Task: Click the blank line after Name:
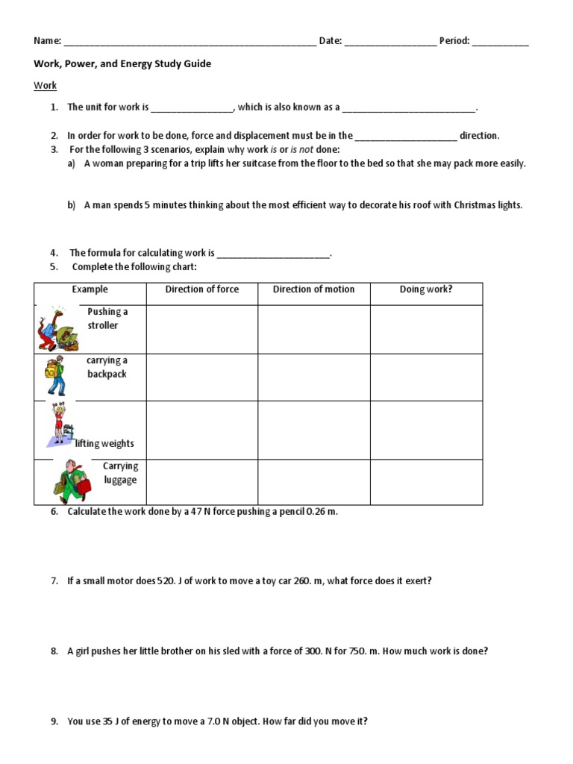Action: [190, 43]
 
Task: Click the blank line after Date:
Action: [390, 43]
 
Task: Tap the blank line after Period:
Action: [501, 43]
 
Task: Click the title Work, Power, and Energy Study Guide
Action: [122, 64]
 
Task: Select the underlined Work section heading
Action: [45, 86]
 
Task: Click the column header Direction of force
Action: [202, 289]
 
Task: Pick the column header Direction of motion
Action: [313, 289]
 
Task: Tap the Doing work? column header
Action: [426, 289]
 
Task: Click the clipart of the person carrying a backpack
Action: [55, 377]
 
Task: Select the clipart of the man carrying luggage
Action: [72, 481]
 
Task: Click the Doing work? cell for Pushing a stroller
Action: [426, 329]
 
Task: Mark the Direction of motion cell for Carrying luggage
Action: [313, 481]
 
